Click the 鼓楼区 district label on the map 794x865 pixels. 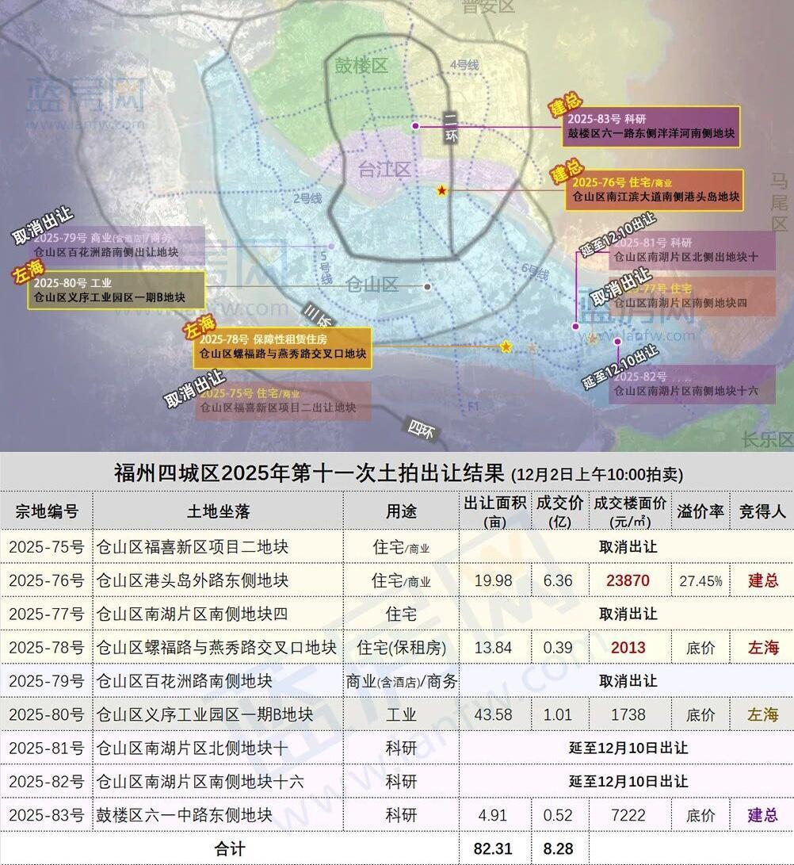tap(361, 66)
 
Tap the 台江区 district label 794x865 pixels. tap(384, 170)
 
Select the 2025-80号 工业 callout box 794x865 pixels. tap(116, 290)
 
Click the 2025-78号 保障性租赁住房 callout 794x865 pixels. tap(282, 347)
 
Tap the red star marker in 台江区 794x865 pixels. tap(442, 191)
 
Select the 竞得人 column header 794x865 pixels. tap(762, 511)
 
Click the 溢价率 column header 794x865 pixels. tap(700, 511)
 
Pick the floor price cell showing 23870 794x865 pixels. tap(628, 580)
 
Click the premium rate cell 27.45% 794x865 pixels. tap(700, 580)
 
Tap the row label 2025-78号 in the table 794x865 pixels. tap(46, 648)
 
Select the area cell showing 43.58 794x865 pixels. tap(493, 714)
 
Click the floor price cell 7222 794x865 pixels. tap(628, 815)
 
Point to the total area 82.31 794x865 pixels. tap(493, 848)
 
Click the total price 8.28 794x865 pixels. tap(558, 848)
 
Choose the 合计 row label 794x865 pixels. tap(230, 848)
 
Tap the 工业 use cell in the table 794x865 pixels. tap(401, 714)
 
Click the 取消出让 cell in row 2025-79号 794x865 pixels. tap(628, 681)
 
